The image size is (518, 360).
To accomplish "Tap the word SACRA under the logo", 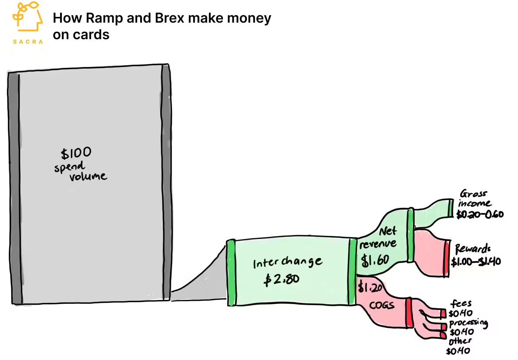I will click(x=28, y=42).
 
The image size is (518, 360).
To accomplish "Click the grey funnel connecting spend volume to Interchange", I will click(x=200, y=279).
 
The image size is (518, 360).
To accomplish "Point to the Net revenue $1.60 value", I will click(x=373, y=259).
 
